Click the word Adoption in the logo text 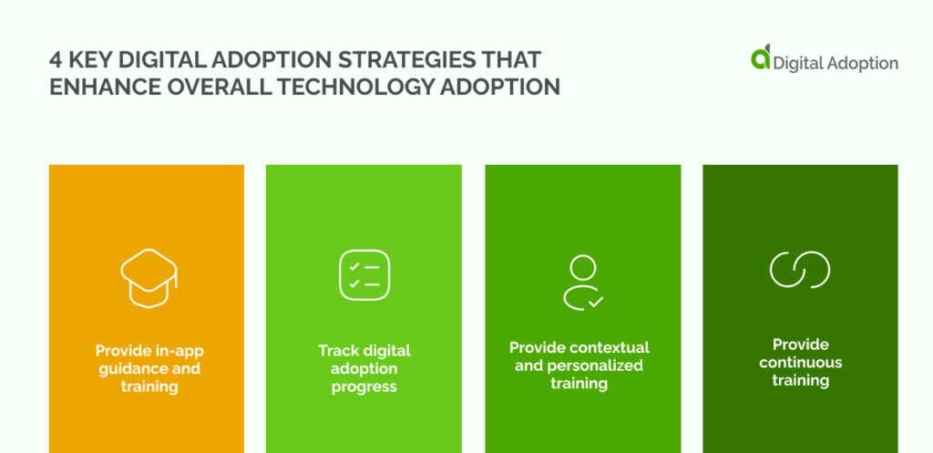pyautogui.click(x=865, y=63)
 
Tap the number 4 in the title pyautogui.click(x=56, y=60)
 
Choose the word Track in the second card pyautogui.click(x=337, y=351)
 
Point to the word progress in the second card pyautogui.click(x=364, y=386)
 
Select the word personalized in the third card pyautogui.click(x=598, y=365)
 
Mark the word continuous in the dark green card pyautogui.click(x=801, y=362)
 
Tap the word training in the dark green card pyautogui.click(x=801, y=380)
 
